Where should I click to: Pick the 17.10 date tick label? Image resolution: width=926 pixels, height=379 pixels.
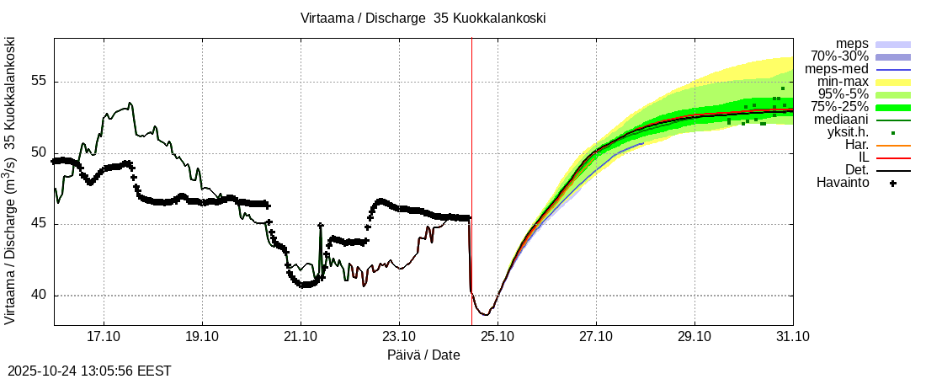(x=104, y=336)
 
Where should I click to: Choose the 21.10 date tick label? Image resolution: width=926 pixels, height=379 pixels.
(x=301, y=336)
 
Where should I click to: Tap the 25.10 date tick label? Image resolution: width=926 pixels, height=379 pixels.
(x=498, y=336)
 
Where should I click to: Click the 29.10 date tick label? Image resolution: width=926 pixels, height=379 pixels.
(x=694, y=336)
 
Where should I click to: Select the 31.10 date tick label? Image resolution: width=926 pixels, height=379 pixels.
(x=793, y=336)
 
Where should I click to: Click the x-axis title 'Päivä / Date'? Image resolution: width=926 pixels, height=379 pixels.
(x=423, y=355)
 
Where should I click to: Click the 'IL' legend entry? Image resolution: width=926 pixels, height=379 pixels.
(x=864, y=157)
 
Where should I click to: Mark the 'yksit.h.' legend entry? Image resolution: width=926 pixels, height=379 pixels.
(x=844, y=132)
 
